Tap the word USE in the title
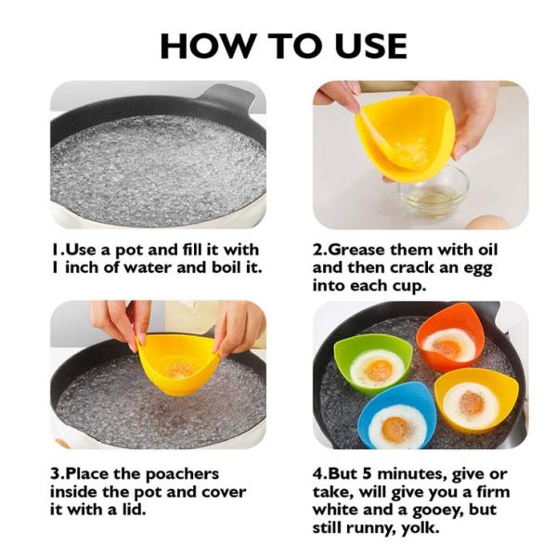(362, 45)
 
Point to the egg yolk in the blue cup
(395, 428)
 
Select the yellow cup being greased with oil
(405, 135)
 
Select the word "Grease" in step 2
(361, 251)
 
